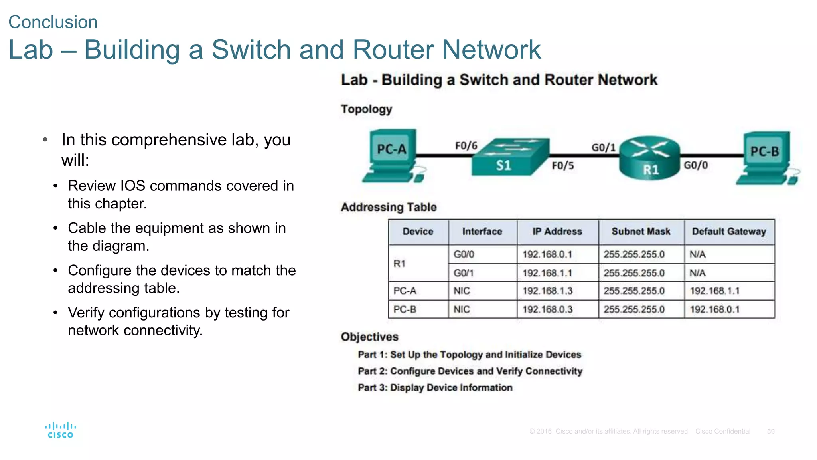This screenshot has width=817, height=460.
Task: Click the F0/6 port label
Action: click(x=466, y=146)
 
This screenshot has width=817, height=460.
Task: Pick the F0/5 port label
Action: click(x=562, y=165)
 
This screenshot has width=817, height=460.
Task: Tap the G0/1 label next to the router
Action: click(x=603, y=147)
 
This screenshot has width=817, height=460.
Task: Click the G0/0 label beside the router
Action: click(x=696, y=165)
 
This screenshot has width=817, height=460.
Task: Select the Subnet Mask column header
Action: click(x=641, y=232)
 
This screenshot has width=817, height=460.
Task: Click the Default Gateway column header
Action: click(x=729, y=232)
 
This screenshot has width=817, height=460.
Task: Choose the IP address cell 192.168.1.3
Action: click(x=547, y=291)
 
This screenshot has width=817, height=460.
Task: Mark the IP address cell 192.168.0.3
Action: click(x=547, y=309)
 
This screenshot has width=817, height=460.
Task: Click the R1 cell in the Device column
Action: click(x=399, y=264)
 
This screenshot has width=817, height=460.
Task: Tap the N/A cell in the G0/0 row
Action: click(x=698, y=254)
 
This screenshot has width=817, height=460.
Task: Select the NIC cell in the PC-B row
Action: click(x=462, y=309)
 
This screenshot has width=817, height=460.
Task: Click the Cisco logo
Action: click(x=60, y=430)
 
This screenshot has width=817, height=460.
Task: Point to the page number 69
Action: click(x=770, y=431)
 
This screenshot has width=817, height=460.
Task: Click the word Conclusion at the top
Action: click(x=53, y=22)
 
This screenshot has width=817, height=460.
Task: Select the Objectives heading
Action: click(x=369, y=337)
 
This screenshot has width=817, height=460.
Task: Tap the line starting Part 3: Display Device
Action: click(x=435, y=387)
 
